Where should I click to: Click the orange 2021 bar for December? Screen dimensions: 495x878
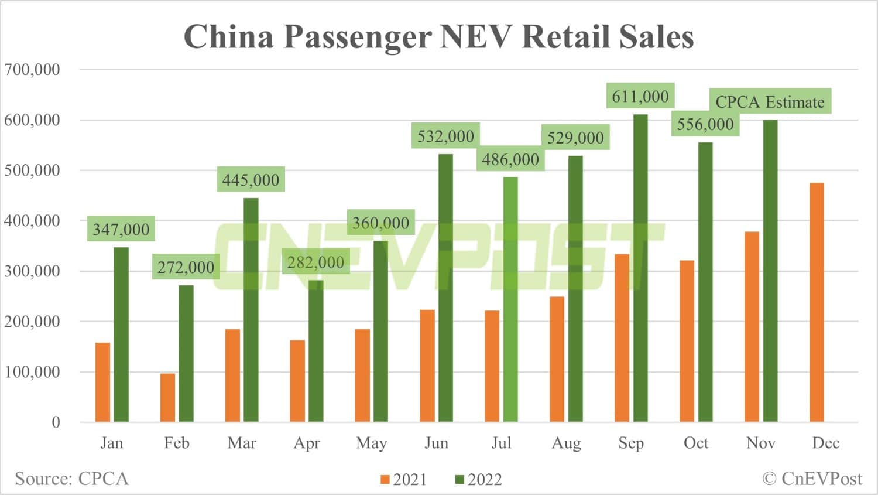[x=817, y=302]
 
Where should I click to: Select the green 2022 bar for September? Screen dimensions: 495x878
[x=640, y=268]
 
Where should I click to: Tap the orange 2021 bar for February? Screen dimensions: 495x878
[x=167, y=397]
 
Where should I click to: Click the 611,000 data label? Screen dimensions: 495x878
[x=640, y=96]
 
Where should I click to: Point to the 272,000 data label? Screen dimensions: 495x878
[x=186, y=267]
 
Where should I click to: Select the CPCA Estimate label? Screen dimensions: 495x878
[x=770, y=102]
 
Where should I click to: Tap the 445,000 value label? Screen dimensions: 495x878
[x=251, y=180]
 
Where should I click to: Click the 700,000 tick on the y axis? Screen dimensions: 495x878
[x=32, y=70]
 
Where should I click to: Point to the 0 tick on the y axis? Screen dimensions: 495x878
[x=56, y=422]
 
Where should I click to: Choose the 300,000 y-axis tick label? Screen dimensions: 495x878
[x=32, y=271]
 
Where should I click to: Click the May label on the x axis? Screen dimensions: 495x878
[x=371, y=443]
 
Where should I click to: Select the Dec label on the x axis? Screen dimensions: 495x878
[x=825, y=443]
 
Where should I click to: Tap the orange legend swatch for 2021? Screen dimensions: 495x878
[x=385, y=480]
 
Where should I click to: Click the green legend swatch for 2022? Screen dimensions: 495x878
[x=459, y=480]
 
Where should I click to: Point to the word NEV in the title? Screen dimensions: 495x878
[x=476, y=36]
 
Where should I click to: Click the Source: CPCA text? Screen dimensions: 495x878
[x=71, y=479]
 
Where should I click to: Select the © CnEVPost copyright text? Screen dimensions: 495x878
[x=812, y=479]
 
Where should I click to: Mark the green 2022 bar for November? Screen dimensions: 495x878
[x=770, y=271]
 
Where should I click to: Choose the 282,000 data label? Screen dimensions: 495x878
[x=316, y=262]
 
